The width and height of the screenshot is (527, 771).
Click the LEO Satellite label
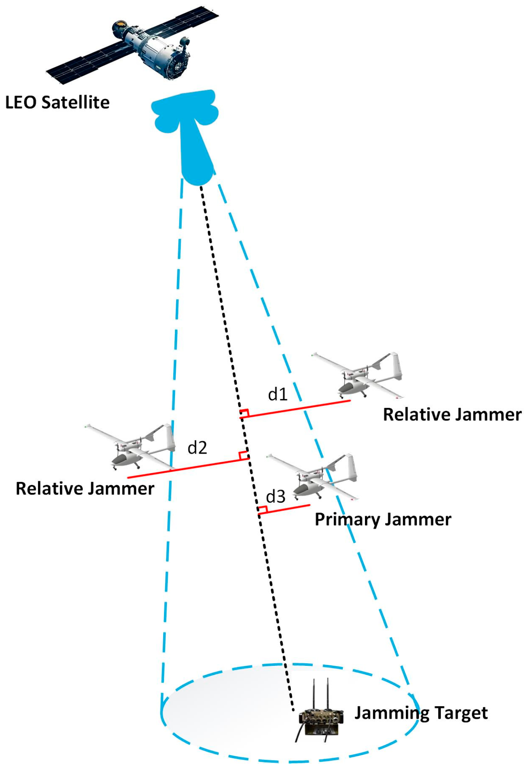click(57, 102)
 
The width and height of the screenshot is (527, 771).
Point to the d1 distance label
click(278, 394)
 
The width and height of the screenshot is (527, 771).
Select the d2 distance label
click(197, 448)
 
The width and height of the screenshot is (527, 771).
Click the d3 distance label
click(275, 497)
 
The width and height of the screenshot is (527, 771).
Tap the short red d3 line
click(288, 509)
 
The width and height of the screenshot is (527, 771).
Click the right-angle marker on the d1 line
click(244, 413)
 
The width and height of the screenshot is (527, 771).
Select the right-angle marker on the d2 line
click(243, 456)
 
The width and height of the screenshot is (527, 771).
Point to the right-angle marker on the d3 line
click(262, 510)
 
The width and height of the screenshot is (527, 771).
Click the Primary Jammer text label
click(383, 519)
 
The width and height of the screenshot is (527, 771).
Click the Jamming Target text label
click(421, 713)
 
